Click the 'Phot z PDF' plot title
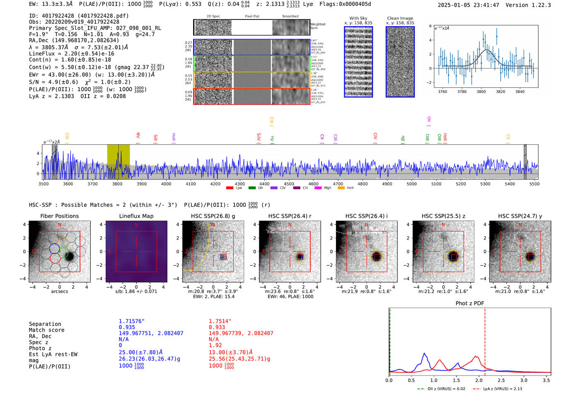coord(469,303)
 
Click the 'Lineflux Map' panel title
coord(136,216)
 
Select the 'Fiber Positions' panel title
coord(59,216)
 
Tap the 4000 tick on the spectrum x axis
coord(166,184)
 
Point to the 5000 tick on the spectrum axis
coord(412,184)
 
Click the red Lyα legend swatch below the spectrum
coord(230,188)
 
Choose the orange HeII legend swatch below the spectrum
coord(341,188)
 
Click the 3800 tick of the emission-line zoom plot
coord(481,92)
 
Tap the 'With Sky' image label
coord(358,18)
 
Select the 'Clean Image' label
coord(400,18)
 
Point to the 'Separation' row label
coord(45,324)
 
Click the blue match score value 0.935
coord(127,327)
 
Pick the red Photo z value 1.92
coord(215,345)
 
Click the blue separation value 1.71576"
coord(131,321)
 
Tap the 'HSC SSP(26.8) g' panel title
coord(213,216)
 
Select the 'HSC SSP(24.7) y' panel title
coord(520,216)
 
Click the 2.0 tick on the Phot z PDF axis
coord(479,380)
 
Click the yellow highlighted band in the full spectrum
coord(118,162)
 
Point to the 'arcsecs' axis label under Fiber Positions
coord(59,291)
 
